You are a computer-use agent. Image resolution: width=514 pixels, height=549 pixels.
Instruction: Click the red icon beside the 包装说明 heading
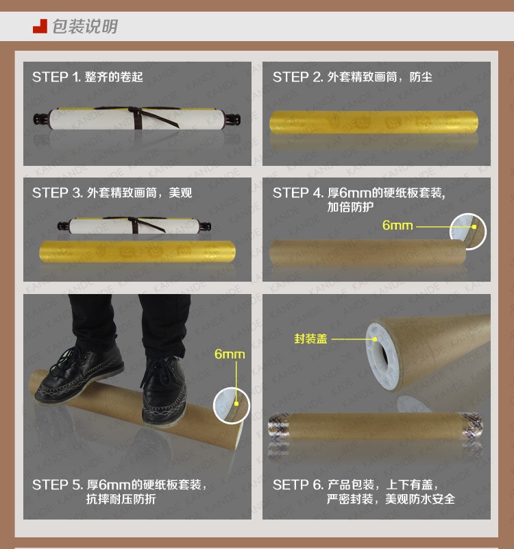pyautogui.click(x=40, y=26)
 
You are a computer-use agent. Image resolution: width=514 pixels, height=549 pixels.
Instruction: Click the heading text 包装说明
pyautogui.click(x=85, y=26)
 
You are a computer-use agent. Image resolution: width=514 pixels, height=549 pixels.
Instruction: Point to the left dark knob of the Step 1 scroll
pyautogui.click(x=40, y=119)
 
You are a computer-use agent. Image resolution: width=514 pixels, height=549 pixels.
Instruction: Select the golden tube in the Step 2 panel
pyautogui.click(x=374, y=122)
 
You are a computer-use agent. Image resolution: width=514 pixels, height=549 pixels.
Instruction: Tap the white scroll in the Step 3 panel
pyautogui.click(x=134, y=225)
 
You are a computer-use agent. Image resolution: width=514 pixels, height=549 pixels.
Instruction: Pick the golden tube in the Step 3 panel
pyautogui.click(x=137, y=251)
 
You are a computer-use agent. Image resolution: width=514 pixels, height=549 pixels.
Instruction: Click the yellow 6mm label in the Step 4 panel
pyautogui.click(x=397, y=225)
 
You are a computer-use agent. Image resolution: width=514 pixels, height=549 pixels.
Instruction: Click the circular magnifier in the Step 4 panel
pyautogui.click(x=468, y=231)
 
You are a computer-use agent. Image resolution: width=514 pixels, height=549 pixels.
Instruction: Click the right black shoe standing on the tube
pyautogui.click(x=164, y=389)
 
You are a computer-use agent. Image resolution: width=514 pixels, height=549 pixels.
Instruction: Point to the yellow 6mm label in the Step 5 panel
pyautogui.click(x=230, y=354)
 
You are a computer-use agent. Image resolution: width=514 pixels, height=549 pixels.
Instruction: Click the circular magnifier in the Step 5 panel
pyautogui.click(x=232, y=406)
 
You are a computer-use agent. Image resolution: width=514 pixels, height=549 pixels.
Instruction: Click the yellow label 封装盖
pyautogui.click(x=310, y=339)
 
